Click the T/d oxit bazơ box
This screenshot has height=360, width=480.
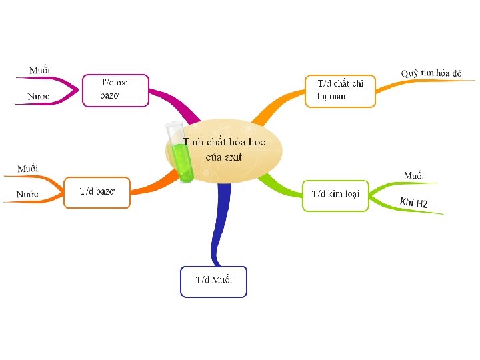115,90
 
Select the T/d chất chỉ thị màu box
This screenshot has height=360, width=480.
340,91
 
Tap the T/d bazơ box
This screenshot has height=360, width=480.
97,192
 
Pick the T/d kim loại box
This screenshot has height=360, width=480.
335,195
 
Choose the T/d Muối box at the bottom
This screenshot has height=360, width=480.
213,281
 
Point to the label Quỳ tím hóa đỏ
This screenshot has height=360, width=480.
431,73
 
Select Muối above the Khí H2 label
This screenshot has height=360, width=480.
413,175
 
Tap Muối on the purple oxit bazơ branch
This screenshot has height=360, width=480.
39,70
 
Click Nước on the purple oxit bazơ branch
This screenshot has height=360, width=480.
38,97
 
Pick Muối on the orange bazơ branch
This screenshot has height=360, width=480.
27,168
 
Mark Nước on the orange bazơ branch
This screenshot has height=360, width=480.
27,194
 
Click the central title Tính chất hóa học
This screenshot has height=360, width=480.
224,142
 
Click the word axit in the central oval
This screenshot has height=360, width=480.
233,157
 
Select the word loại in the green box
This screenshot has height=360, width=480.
352,194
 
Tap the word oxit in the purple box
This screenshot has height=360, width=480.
123,83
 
